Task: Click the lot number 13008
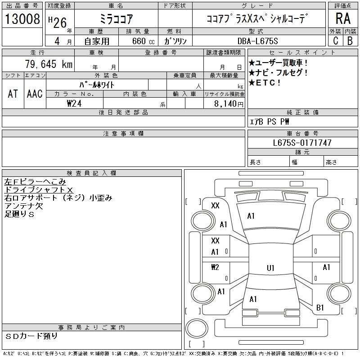(x=22, y=19)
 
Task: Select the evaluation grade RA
(x=342, y=19)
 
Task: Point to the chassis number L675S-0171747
(x=302, y=143)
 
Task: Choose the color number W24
(x=75, y=103)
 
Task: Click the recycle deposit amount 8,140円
(x=230, y=103)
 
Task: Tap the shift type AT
(x=13, y=94)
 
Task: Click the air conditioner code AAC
(x=35, y=94)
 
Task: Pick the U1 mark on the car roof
(x=270, y=268)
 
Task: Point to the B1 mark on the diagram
(x=320, y=308)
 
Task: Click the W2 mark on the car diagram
(x=215, y=267)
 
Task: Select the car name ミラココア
(x=115, y=19)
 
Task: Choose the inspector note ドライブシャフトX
(x=39, y=190)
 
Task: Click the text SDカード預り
(x=32, y=336)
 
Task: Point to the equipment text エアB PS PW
(x=270, y=121)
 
